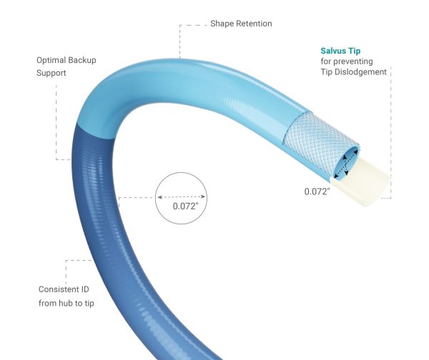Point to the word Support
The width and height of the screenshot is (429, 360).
[51, 73]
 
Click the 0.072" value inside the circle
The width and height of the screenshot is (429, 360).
[185, 206]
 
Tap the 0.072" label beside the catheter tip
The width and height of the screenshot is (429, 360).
[317, 191]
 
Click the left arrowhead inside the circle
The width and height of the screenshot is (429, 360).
[159, 197]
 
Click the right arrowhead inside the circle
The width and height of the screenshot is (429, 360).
[203, 196]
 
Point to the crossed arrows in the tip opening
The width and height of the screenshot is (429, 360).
[345, 164]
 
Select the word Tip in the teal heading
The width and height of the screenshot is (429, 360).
[355, 51]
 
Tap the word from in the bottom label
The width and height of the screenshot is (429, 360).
[46, 303]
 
